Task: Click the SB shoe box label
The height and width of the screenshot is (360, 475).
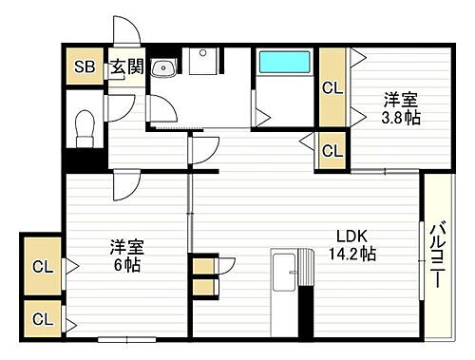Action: tap(83, 66)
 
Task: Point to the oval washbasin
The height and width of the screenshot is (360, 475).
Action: tap(165, 66)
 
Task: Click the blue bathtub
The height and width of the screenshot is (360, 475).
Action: tap(286, 64)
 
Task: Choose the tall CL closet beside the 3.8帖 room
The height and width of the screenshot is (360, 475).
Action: tap(332, 90)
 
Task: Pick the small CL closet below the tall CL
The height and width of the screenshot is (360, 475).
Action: tap(332, 149)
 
